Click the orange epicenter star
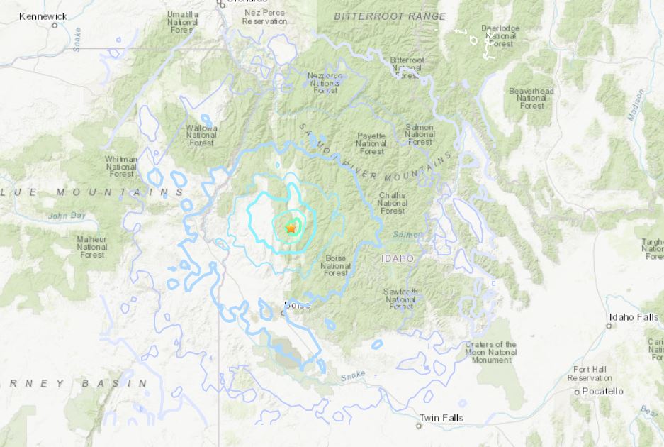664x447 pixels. (x=291, y=228)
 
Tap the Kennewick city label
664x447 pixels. (x=43, y=16)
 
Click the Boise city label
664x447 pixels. (x=296, y=305)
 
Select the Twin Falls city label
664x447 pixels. (x=441, y=418)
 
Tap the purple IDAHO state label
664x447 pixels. (x=397, y=259)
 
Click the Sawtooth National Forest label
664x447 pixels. (x=401, y=299)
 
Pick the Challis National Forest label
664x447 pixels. (x=393, y=202)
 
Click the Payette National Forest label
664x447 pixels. (x=371, y=143)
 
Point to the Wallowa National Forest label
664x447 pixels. (x=202, y=135)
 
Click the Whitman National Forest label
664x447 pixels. (x=121, y=166)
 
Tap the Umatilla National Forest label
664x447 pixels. (x=183, y=21)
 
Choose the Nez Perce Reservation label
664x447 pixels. (x=264, y=17)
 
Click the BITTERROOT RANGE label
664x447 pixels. (x=390, y=16)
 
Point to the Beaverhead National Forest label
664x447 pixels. (x=531, y=99)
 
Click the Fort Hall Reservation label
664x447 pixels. (x=590, y=373)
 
